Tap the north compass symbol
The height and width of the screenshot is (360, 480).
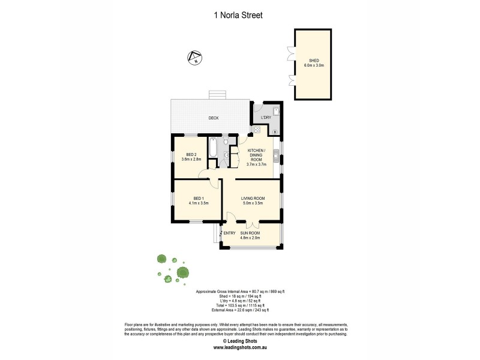pyautogui.click(x=195, y=58)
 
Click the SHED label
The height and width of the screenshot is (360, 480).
pyautogui.click(x=313, y=61)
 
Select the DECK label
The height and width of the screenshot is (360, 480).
pyautogui.click(x=213, y=118)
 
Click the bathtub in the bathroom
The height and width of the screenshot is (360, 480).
pyautogui.click(x=214, y=148)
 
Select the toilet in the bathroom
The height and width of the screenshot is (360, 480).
pyautogui.click(x=226, y=154)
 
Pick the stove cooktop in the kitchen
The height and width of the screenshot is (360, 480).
pyautogui.click(x=257, y=129)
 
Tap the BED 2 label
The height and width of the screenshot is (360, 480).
pyautogui.click(x=191, y=155)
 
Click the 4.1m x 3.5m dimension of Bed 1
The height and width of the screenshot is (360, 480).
pyautogui.click(x=198, y=203)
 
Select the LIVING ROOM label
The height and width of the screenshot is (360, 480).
pyautogui.click(x=253, y=198)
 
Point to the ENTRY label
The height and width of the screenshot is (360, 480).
pyautogui.click(x=230, y=233)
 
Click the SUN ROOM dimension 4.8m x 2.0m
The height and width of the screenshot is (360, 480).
pyautogui.click(x=250, y=238)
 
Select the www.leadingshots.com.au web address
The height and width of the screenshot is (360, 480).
pyautogui.click(x=239, y=347)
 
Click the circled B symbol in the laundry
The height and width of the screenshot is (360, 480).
pyautogui.click(x=275, y=131)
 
